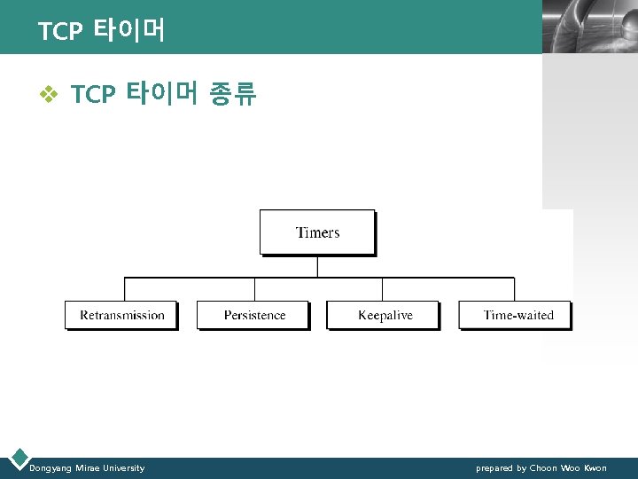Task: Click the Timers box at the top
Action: [x=317, y=232]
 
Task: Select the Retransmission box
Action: [x=121, y=315]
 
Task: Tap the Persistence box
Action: [x=253, y=315]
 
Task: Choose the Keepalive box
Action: [x=384, y=315]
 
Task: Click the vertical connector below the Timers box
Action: [x=317, y=266]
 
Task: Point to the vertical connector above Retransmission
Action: [x=124, y=289]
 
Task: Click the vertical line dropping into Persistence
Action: [x=254, y=289]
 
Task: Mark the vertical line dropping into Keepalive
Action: [x=382, y=289]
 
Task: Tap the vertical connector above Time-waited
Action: [x=514, y=289]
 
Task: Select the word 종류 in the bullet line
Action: [x=232, y=94]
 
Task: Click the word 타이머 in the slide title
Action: [x=128, y=31]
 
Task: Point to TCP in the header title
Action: [x=59, y=33]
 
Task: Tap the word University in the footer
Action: [x=121, y=468]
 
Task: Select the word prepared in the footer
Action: [x=494, y=468]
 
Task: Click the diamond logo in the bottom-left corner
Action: [x=17, y=458]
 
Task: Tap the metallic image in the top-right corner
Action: [x=589, y=27]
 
